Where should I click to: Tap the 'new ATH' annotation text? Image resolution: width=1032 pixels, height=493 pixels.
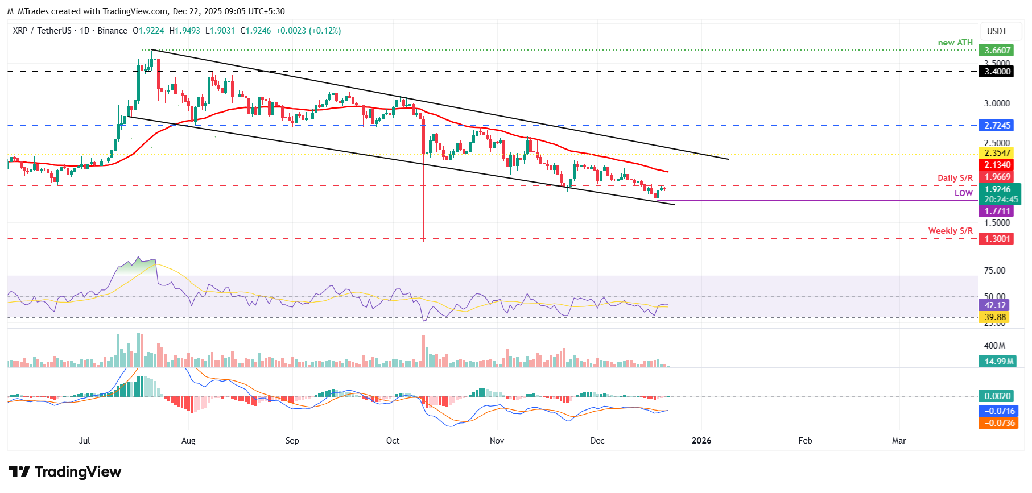pos(955,43)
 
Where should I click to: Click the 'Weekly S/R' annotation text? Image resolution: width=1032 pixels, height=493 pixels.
pos(950,231)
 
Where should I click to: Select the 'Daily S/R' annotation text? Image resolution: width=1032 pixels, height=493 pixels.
pos(955,178)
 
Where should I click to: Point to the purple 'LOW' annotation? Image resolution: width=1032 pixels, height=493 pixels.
pos(963,193)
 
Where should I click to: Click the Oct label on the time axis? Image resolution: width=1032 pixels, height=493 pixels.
pos(393,441)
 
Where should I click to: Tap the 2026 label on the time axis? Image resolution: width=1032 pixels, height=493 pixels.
pos(701,441)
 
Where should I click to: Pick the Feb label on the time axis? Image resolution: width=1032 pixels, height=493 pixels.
pos(805,441)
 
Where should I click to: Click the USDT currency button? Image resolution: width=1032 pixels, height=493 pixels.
pos(996,31)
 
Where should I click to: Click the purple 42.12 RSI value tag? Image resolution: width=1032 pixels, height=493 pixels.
pos(995,305)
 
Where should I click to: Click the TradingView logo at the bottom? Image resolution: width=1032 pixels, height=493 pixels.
pos(65,472)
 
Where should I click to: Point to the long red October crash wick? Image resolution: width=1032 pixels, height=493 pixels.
pos(424,205)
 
